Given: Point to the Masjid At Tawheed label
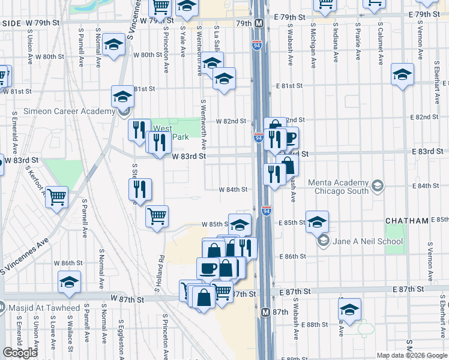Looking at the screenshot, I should pos(44,308).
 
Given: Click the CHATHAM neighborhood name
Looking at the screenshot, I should pos(406,221).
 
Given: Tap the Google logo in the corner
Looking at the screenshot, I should pos(20,353).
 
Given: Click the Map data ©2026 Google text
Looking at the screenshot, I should pos(412,355).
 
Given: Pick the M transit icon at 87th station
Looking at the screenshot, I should pos(265,313).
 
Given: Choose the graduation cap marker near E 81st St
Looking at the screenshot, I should pos(403,75).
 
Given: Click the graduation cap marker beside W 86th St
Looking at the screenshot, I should pos(70,281).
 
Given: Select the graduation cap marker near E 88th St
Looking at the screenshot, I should pos(350,309).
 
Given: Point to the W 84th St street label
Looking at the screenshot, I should pos(233,190).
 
